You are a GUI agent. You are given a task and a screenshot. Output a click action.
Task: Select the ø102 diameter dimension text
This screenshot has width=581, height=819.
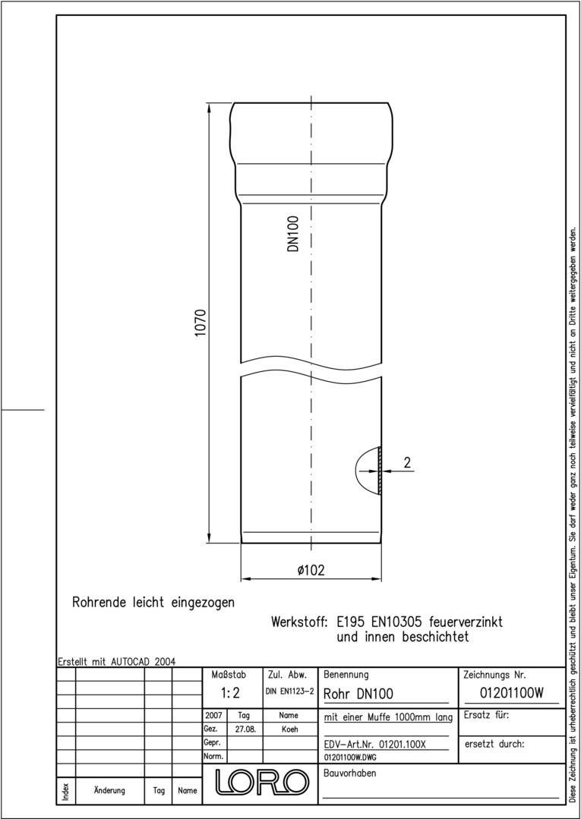click(311, 571)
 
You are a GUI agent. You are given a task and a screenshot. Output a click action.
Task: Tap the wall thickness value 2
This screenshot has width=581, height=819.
click(407, 462)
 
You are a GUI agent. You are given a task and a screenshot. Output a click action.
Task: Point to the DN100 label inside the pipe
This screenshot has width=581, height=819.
click(294, 234)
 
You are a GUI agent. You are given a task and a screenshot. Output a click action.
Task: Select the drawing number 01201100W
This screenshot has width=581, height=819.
click(513, 692)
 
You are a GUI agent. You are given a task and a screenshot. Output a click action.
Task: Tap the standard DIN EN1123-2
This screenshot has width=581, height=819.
click(289, 692)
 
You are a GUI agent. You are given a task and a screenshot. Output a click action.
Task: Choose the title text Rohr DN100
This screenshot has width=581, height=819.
click(358, 693)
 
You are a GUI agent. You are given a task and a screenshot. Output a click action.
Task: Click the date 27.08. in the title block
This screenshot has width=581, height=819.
click(245, 729)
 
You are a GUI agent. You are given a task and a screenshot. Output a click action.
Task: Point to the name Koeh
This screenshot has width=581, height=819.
click(289, 729)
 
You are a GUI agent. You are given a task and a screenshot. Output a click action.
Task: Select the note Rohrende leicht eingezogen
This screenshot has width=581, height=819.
click(153, 603)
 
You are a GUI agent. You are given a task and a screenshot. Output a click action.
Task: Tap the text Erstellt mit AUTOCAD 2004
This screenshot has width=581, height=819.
click(117, 661)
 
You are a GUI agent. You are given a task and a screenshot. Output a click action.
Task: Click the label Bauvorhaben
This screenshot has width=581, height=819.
click(349, 773)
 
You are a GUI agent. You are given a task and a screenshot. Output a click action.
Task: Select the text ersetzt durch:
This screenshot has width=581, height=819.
click(494, 744)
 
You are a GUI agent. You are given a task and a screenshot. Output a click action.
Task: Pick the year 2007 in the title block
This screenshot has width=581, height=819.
click(213, 715)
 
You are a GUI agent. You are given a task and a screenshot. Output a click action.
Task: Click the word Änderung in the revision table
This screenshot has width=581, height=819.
click(109, 790)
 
